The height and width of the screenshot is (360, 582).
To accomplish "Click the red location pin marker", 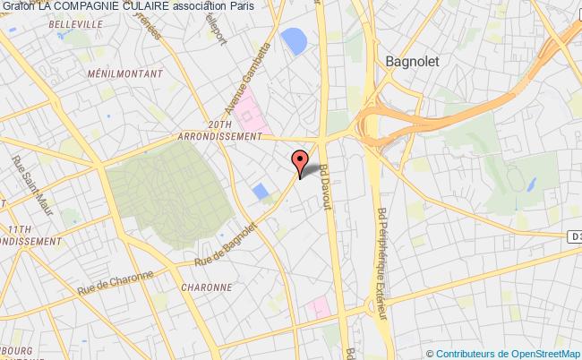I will [x=300, y=162].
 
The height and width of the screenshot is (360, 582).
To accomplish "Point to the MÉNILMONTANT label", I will [x=125, y=73].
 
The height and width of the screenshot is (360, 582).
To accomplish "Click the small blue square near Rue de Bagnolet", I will [x=261, y=192].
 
